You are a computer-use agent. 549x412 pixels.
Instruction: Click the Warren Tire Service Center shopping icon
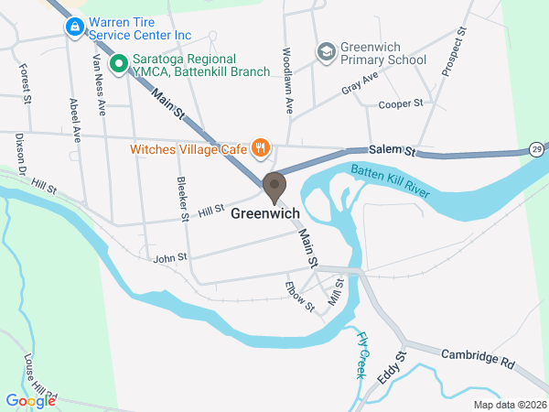73,28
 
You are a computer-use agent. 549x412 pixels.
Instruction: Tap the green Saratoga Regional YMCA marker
117,64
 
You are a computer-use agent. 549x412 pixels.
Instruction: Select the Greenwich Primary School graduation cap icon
325,52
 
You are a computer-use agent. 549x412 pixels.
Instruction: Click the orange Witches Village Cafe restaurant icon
260,146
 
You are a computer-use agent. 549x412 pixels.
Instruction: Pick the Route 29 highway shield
537,148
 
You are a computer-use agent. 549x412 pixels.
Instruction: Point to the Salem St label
393,149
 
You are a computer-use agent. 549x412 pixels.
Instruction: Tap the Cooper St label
400,104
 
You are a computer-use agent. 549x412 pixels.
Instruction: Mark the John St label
171,258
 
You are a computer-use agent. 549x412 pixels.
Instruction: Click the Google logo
31,400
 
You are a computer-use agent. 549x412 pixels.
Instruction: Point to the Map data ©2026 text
509,405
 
